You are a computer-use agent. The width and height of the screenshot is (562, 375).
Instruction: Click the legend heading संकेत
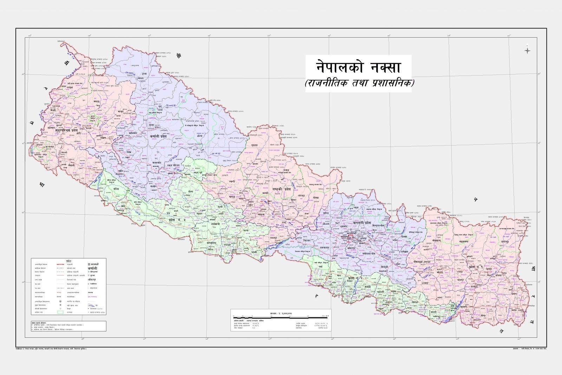(x=68, y=260)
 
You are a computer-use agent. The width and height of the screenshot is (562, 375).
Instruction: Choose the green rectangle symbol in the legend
(x=60, y=312)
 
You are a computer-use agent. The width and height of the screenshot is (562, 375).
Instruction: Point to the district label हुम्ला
(x=141, y=74)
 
